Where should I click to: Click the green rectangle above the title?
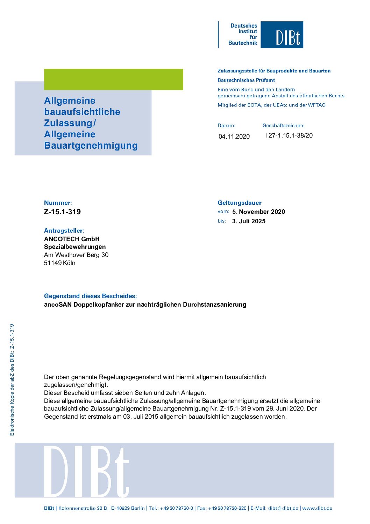113,79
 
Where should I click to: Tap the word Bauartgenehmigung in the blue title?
91,146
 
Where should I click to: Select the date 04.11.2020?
234,137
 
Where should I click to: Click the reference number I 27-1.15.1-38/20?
289,135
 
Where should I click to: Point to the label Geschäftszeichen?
283,125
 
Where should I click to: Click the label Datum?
226,125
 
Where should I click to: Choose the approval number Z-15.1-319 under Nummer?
62,212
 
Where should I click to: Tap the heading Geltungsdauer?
239,203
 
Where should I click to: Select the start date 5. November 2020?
258,212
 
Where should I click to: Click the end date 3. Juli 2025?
249,221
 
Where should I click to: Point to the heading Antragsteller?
64,231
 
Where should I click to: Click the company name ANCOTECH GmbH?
72,239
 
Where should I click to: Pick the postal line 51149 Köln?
59,263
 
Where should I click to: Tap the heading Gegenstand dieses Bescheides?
90,296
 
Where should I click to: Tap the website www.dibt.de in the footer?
317,508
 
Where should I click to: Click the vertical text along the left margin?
12,380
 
